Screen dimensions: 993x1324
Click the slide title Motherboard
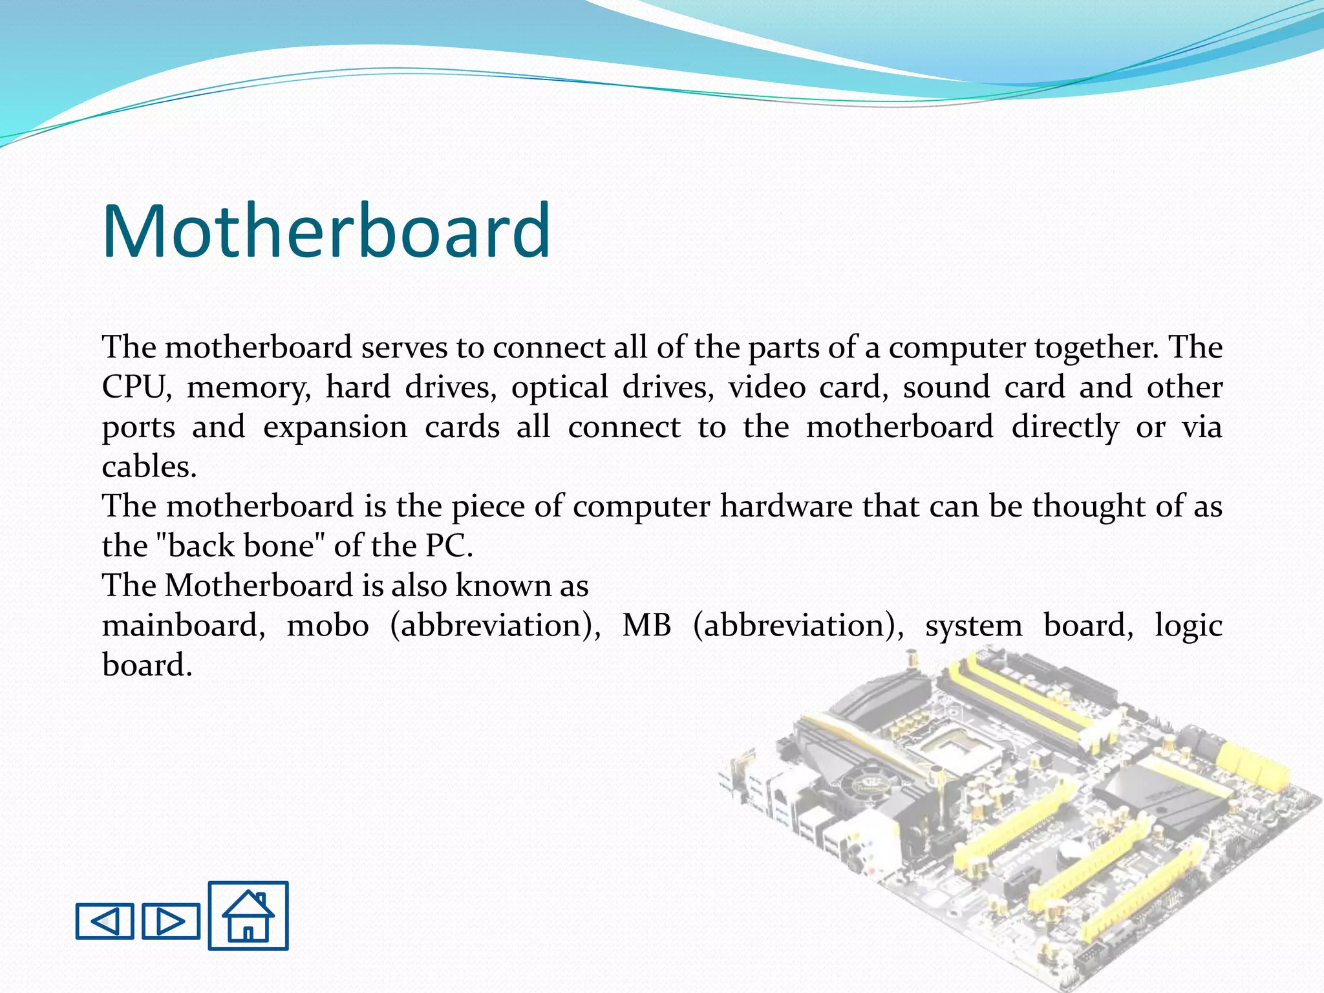[x=326, y=231]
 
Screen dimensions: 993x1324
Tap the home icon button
[x=248, y=915]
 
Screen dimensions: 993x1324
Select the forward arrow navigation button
[x=171, y=921]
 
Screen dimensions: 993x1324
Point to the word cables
[x=149, y=467]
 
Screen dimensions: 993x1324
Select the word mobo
[x=328, y=626]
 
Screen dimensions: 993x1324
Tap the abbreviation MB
[x=646, y=626]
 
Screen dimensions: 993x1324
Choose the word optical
[x=559, y=388]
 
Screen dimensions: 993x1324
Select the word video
[x=766, y=388]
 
